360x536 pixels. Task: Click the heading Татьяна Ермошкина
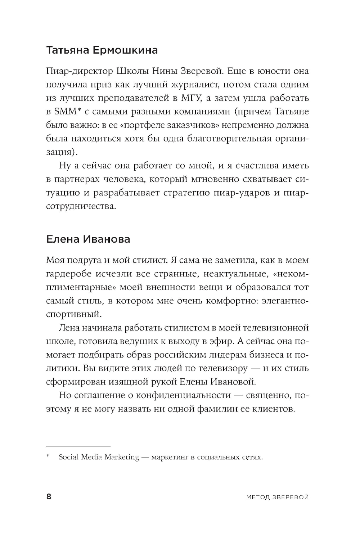(x=102, y=50)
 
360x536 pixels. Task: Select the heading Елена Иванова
(x=88, y=239)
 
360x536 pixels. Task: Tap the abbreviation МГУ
(x=203, y=98)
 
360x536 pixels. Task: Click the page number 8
(x=49, y=497)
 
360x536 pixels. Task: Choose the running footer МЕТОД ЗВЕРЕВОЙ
(x=278, y=497)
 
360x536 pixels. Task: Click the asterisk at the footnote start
(x=48, y=458)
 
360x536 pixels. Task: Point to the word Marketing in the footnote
(x=122, y=457)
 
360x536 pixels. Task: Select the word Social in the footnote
(x=68, y=457)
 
